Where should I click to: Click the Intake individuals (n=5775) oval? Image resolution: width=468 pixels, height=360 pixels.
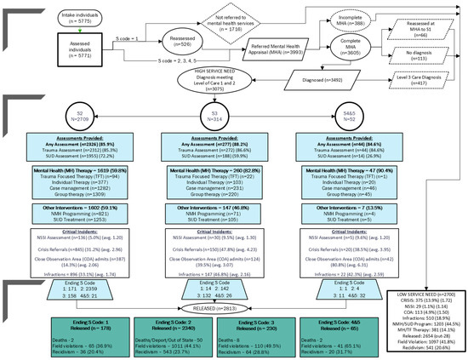(77, 16)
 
